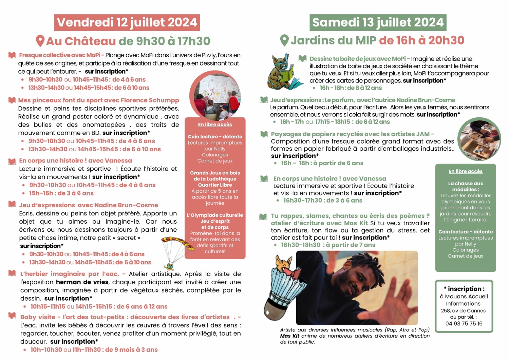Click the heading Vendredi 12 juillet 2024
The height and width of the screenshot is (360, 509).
127,22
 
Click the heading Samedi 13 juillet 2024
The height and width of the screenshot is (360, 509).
378,22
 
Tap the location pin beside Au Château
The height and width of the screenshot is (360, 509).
40,41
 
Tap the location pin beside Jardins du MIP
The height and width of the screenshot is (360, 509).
284,40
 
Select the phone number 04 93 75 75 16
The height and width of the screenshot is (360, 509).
464,324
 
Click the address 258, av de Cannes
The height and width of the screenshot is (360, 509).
463,310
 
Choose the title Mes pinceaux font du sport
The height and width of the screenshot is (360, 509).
98,100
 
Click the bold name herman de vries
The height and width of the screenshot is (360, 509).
82,282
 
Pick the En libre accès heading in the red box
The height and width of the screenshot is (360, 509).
215,125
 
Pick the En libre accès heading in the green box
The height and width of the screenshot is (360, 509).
465,171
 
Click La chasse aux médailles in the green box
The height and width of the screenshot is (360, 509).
465,186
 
